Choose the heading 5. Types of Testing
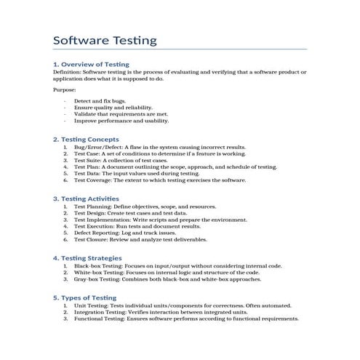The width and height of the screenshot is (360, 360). pos(85,298)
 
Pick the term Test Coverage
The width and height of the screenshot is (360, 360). pos(92,180)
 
